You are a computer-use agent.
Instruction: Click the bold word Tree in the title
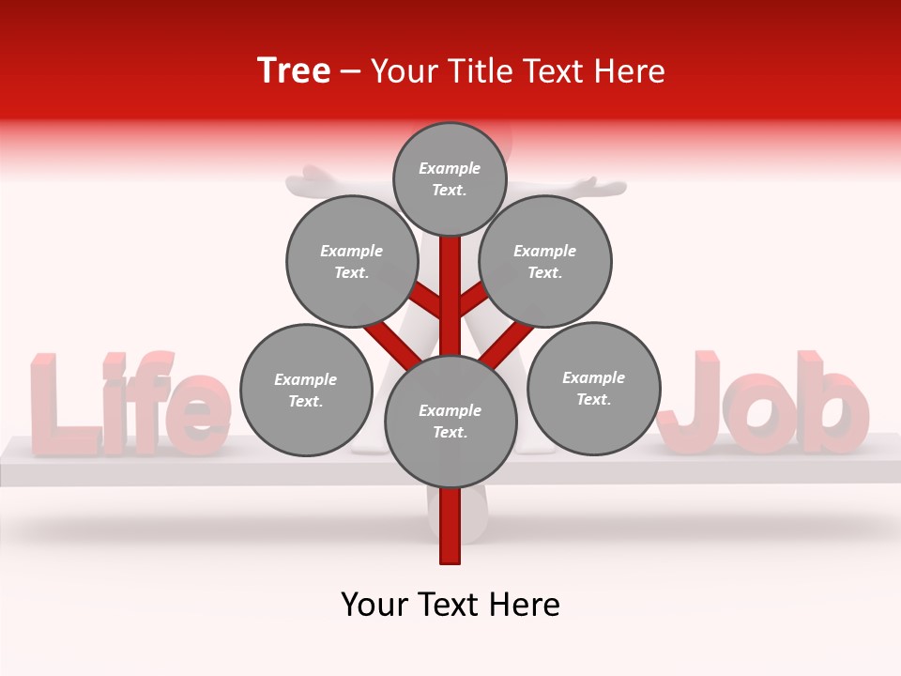294,71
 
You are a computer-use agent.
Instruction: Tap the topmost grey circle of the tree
450,178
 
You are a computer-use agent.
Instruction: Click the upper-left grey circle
351,261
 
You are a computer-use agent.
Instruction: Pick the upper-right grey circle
544,261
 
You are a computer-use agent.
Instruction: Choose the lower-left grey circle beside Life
306,390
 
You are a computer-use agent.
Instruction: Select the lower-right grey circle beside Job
593,388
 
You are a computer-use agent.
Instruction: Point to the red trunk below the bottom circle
450,526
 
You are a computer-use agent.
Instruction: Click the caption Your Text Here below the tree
450,605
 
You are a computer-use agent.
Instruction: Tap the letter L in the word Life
56,404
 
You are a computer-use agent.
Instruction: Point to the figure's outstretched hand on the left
310,176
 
